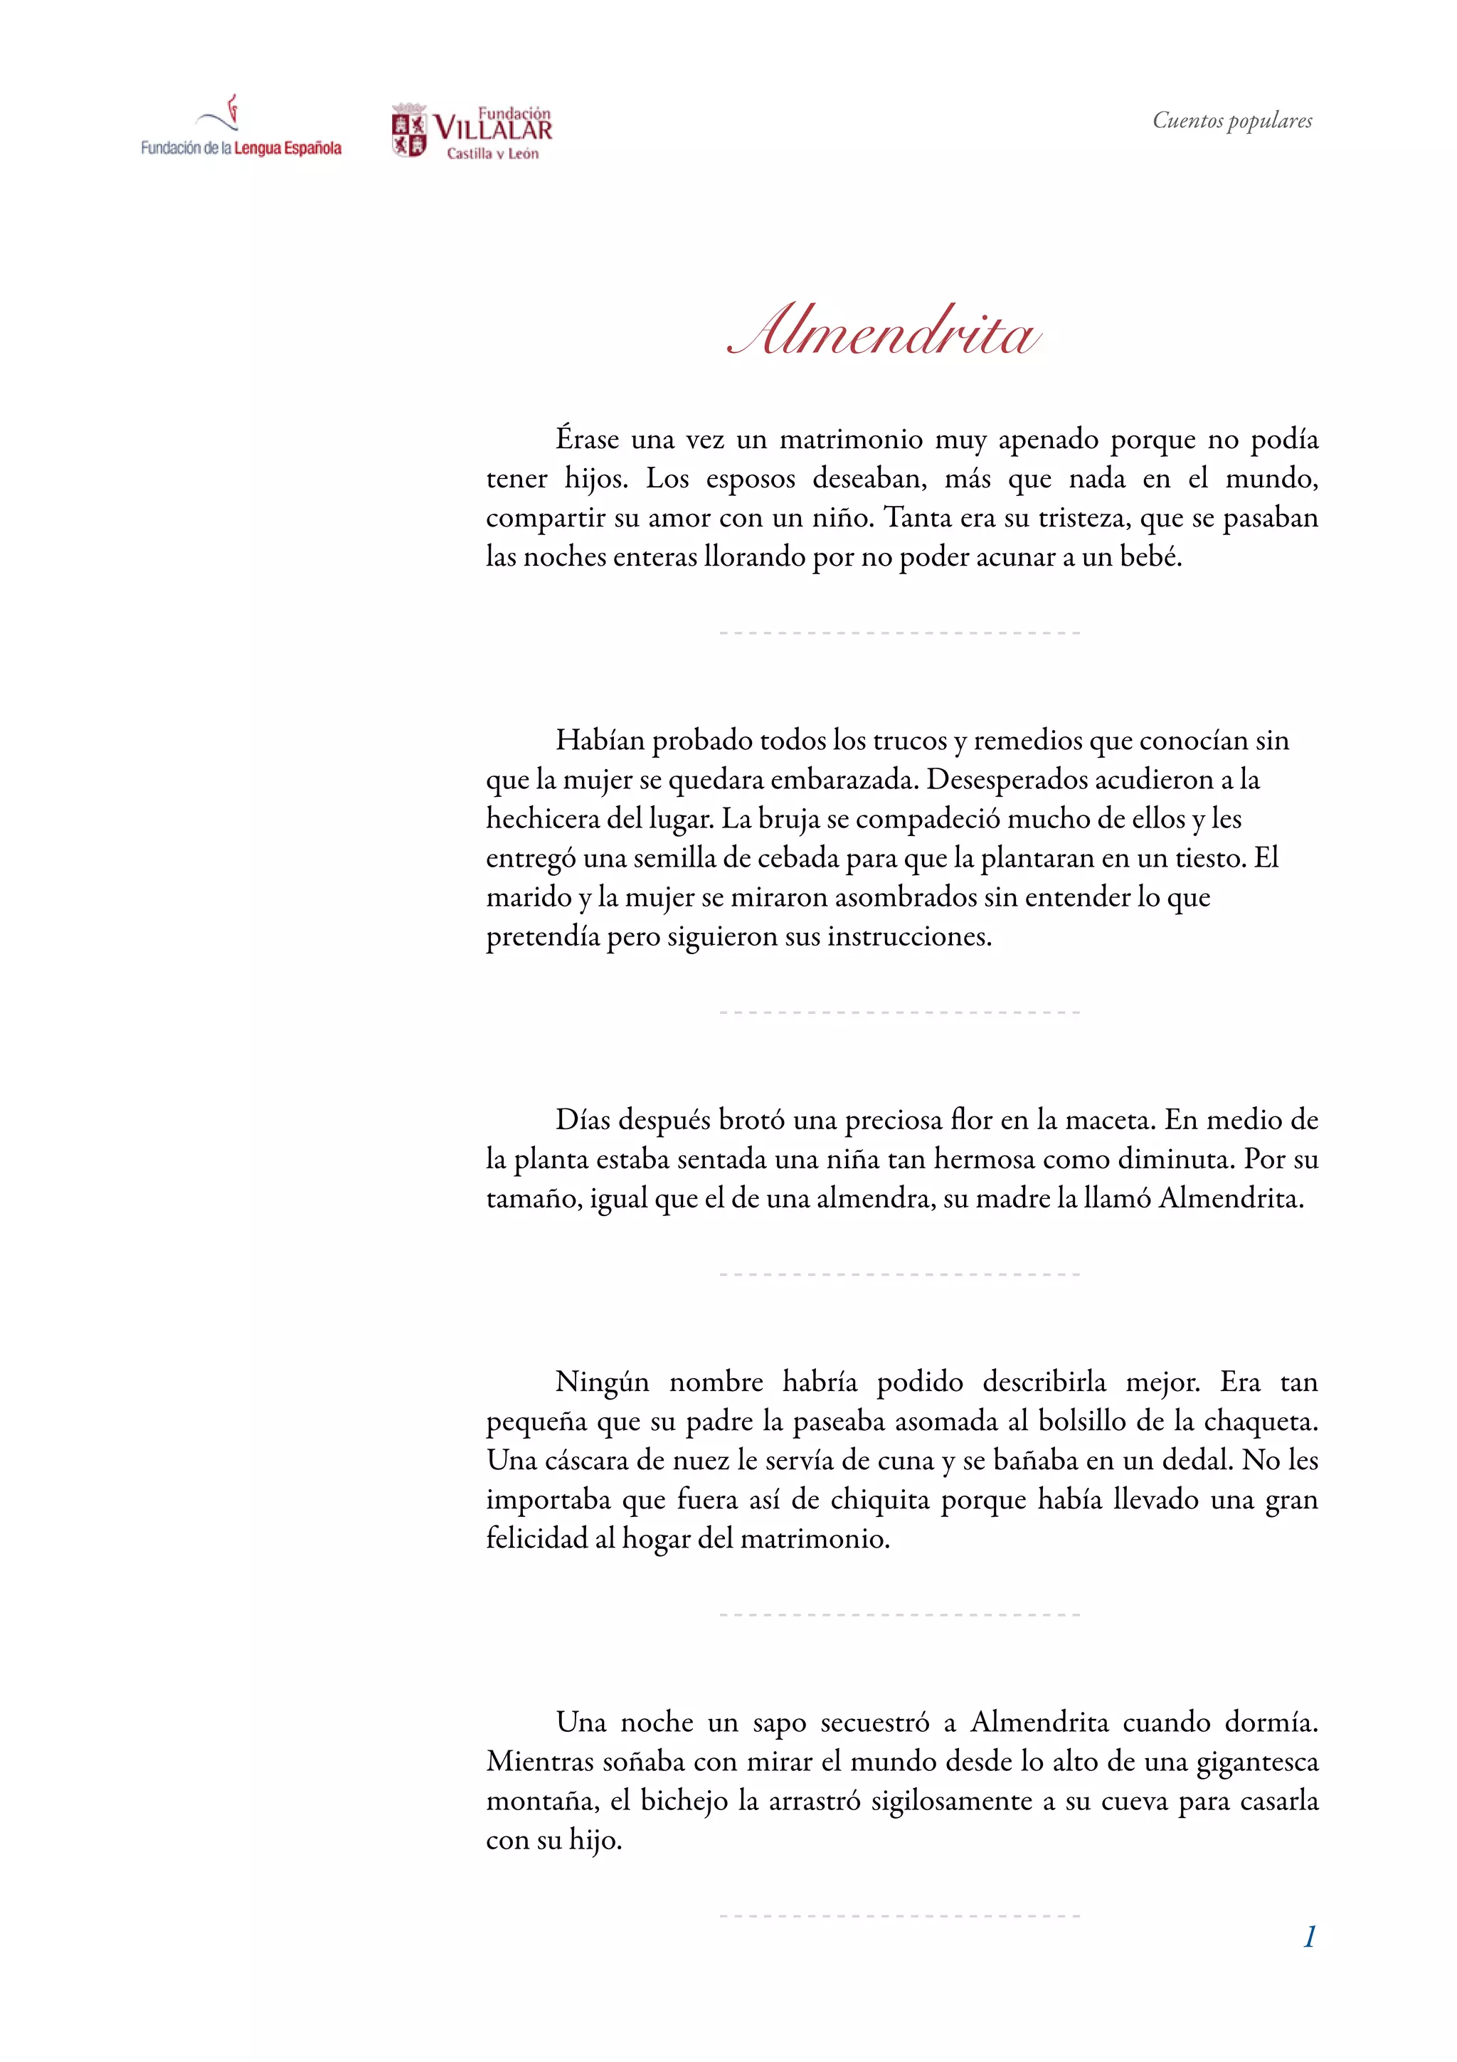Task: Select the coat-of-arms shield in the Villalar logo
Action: coord(409,131)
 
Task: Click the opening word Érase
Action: coord(587,439)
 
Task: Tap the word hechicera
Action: coord(543,818)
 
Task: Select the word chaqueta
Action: coord(1261,1422)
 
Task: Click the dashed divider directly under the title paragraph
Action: coord(899,633)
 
